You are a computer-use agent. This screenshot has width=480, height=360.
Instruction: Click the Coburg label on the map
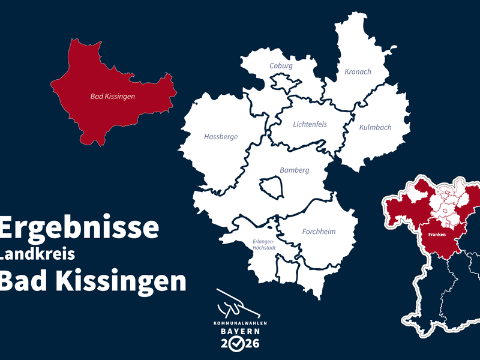pyautogui.click(x=281, y=65)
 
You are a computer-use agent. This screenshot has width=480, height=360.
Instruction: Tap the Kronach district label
pyautogui.click(x=358, y=71)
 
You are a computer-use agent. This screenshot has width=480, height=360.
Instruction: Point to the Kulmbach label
pyautogui.click(x=375, y=127)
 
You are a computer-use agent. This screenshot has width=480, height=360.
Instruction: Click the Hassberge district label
pyautogui.click(x=221, y=137)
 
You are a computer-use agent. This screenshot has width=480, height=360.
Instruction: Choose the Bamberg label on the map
pyautogui.click(x=294, y=170)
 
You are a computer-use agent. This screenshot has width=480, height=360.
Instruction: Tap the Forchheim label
pyautogui.click(x=319, y=232)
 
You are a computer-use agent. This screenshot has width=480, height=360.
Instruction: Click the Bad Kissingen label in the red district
pyautogui.click(x=113, y=96)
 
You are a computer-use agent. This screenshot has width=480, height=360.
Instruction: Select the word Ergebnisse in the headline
pyautogui.click(x=79, y=228)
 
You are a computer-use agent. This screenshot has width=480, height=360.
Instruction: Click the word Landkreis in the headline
pyautogui.click(x=37, y=254)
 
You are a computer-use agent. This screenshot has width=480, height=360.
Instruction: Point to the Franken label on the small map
pyautogui.click(x=436, y=233)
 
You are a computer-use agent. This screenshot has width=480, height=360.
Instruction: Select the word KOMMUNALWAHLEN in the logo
pyautogui.click(x=241, y=323)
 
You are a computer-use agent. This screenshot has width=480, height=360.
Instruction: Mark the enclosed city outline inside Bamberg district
pyautogui.click(x=272, y=186)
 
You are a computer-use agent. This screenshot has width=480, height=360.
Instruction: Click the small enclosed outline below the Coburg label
pyautogui.click(x=281, y=80)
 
